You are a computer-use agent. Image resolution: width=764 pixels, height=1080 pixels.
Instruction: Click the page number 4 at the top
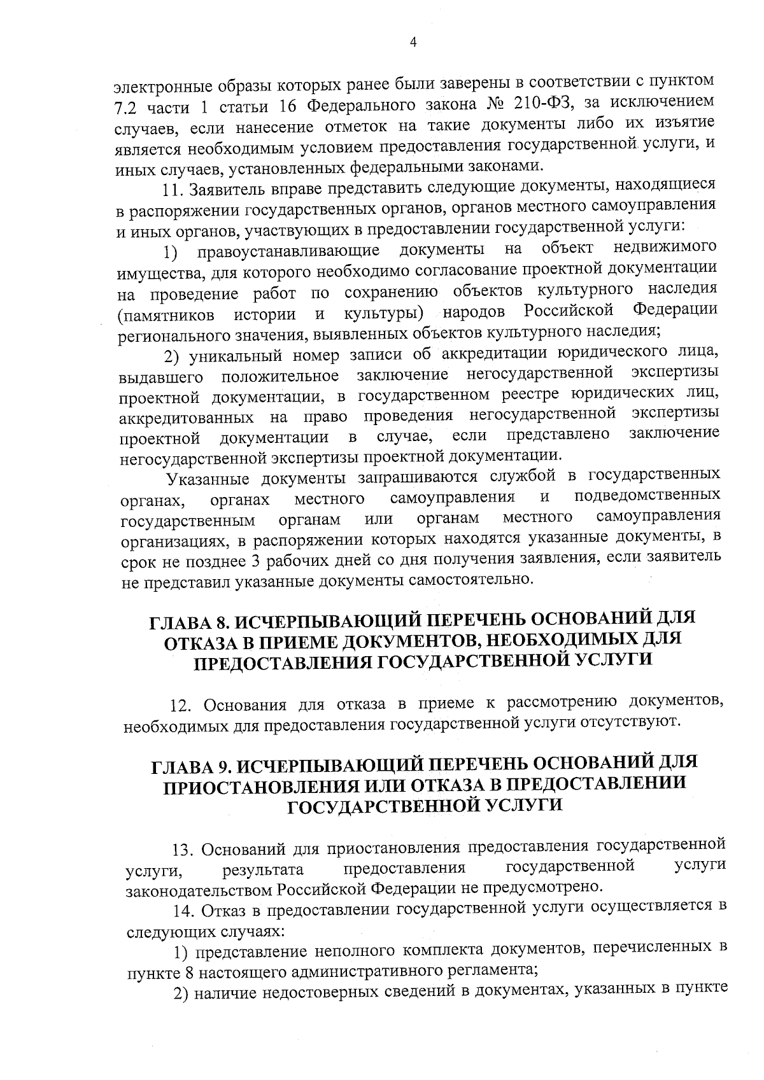(413, 42)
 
